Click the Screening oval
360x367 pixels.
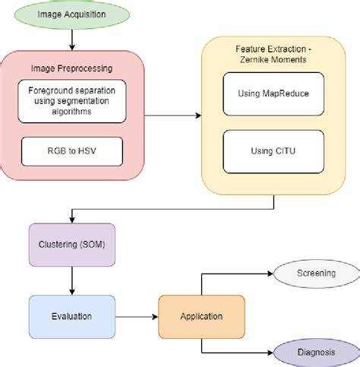[x=316, y=272]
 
